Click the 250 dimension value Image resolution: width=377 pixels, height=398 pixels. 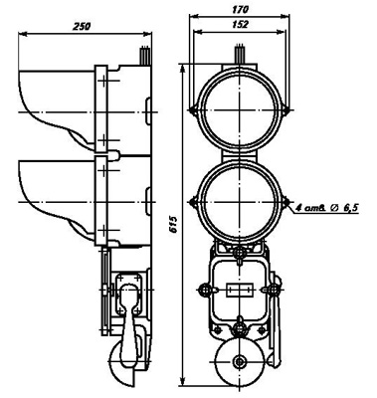[82, 26]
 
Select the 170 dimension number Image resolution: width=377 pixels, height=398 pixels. [240, 10]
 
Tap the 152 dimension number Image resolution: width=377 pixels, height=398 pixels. [240, 24]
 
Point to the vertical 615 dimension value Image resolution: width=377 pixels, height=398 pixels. [174, 225]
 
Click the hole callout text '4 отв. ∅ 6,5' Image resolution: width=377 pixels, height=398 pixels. [326, 208]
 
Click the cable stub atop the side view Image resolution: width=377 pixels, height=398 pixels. [145, 55]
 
